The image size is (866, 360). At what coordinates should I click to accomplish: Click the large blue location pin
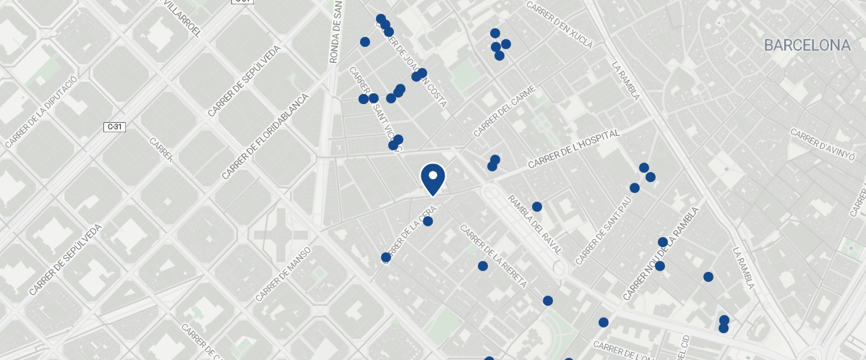(x=432, y=179)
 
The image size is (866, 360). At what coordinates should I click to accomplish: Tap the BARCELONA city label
(x=807, y=46)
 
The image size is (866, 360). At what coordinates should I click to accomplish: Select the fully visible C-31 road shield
(x=114, y=127)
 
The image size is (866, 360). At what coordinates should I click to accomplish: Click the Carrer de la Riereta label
(x=493, y=256)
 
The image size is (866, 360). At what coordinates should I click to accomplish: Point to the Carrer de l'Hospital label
(x=574, y=150)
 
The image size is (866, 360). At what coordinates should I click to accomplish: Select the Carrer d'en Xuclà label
(x=560, y=25)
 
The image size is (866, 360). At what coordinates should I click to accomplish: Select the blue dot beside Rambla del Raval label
(x=537, y=207)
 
